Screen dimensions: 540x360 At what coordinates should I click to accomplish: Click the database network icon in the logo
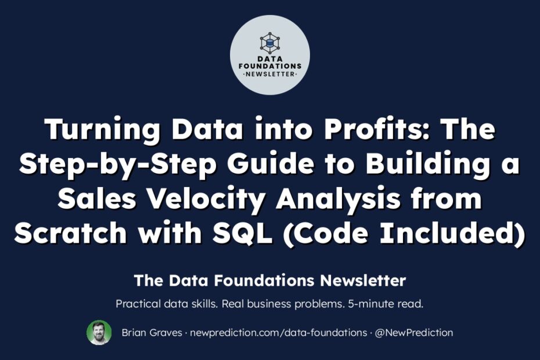(x=270, y=43)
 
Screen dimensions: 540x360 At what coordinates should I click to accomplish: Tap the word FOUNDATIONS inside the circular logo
(x=270, y=66)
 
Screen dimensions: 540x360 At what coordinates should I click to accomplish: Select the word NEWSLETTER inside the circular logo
(x=270, y=74)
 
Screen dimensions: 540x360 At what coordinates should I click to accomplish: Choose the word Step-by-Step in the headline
(x=118, y=165)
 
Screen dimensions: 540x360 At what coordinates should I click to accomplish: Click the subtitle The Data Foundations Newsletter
(x=270, y=280)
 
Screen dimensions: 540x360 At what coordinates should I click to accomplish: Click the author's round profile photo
(x=99, y=333)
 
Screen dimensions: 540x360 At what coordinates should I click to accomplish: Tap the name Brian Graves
(x=152, y=333)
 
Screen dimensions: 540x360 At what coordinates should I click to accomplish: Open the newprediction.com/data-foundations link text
(x=279, y=333)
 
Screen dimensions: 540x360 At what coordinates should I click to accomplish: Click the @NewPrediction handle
(x=414, y=333)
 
